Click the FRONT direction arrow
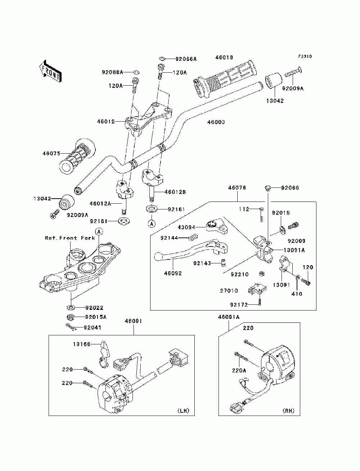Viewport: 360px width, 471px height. tap(51, 71)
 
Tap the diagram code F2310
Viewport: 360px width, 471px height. tap(305, 56)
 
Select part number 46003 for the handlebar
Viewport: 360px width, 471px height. tap(216, 122)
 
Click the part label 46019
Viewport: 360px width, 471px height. tap(224, 58)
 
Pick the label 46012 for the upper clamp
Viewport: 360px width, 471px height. tap(106, 122)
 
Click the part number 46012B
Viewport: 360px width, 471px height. tap(175, 192)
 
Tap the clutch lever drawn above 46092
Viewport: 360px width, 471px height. tap(191, 250)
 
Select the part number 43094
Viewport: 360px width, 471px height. tap(186, 227)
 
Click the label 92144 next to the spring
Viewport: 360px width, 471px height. tap(169, 238)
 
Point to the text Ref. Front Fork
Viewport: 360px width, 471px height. tap(70, 238)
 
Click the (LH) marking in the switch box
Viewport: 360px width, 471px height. tap(183, 411)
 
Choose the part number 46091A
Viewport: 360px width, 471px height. tap(229, 317)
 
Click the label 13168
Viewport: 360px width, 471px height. tap(82, 344)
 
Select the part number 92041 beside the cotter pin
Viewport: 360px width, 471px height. tap(92, 328)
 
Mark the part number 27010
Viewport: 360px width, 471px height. tap(229, 291)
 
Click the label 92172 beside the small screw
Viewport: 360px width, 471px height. tap(239, 305)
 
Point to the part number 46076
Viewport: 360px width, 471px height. tap(237, 187)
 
